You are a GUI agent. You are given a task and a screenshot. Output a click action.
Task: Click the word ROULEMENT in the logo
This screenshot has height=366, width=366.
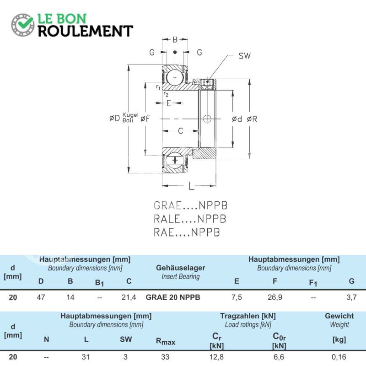(86, 31)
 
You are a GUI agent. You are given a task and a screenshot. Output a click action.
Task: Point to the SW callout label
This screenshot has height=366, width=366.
(244, 56)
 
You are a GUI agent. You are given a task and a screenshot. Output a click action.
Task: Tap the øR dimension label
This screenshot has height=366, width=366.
(252, 119)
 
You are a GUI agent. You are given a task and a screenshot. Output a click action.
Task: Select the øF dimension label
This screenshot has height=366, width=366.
(145, 119)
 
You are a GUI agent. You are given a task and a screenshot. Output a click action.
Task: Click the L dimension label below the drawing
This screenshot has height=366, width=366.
(191, 186)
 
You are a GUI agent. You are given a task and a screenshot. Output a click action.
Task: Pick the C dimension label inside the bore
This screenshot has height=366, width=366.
(180, 131)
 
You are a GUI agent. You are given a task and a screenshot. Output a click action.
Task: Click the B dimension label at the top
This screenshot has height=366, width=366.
(175, 40)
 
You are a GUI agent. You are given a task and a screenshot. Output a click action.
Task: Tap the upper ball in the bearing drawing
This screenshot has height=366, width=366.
(175, 77)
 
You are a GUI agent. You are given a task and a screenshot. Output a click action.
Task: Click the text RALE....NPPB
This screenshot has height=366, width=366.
(190, 219)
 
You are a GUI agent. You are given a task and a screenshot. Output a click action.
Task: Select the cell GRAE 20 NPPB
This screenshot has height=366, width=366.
(173, 297)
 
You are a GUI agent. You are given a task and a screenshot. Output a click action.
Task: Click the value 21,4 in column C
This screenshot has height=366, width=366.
(129, 297)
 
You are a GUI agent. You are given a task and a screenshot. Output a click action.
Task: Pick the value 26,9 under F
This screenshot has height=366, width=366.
(275, 297)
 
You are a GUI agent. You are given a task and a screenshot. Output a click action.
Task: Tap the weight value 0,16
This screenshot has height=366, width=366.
(339, 357)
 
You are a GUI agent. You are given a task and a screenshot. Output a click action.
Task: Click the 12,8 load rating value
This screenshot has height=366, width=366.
(216, 357)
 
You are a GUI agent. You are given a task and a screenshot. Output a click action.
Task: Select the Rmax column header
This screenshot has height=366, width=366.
(166, 341)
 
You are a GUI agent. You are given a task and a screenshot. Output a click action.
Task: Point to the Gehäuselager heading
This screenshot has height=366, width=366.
(181, 268)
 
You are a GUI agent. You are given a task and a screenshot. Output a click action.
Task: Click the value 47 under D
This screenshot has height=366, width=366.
(41, 297)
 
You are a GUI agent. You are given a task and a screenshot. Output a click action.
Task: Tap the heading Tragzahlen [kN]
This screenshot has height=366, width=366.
(248, 316)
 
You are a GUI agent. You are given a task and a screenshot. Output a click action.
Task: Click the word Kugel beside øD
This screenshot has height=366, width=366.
(130, 115)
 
